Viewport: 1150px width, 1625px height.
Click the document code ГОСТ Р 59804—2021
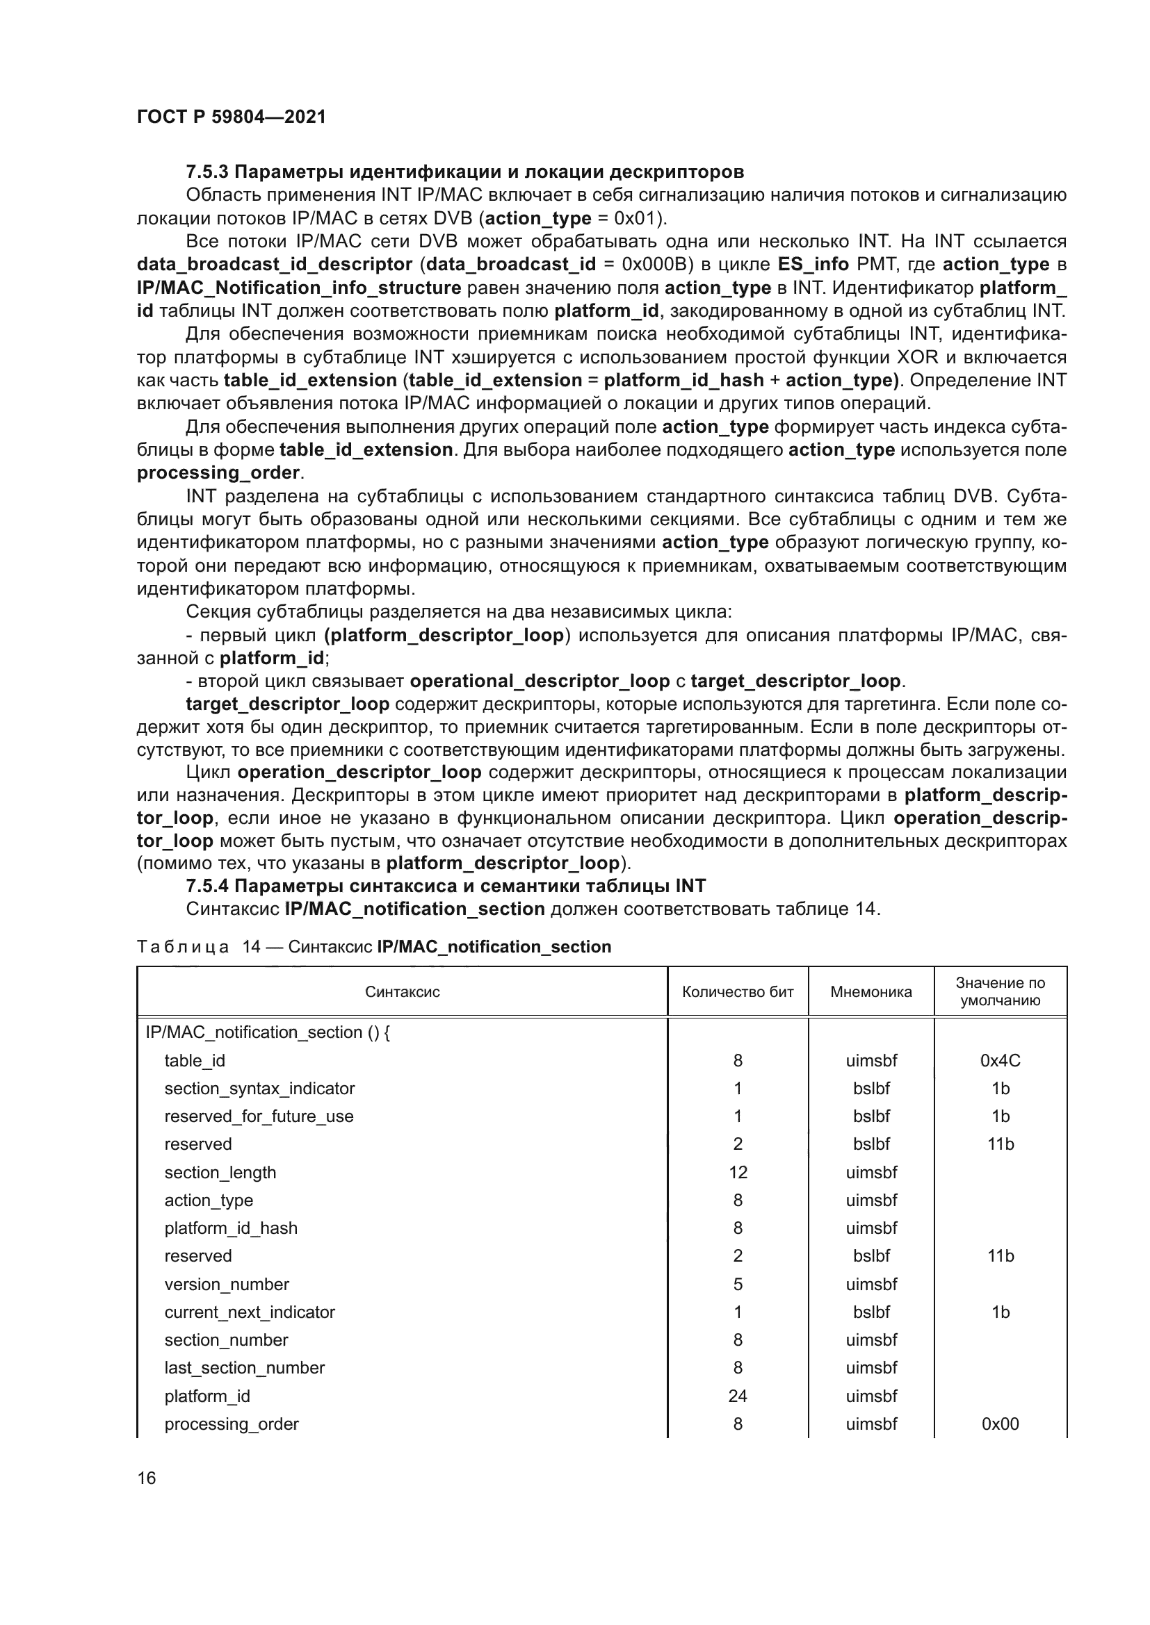point(231,117)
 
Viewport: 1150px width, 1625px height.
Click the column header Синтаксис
point(402,991)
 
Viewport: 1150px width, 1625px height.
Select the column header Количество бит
point(737,991)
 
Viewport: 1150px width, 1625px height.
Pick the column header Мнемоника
point(870,991)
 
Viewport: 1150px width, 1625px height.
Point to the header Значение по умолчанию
point(1000,991)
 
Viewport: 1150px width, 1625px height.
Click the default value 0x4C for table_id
point(1000,1060)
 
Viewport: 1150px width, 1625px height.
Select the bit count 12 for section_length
point(737,1172)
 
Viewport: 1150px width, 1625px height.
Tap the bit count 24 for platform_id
point(737,1396)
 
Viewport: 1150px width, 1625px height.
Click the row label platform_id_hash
point(231,1228)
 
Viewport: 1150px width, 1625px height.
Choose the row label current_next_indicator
point(250,1312)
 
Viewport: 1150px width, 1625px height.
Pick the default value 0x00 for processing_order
point(1000,1424)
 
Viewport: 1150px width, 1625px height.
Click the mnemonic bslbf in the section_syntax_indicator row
point(871,1089)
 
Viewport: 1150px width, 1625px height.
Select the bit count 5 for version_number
point(737,1284)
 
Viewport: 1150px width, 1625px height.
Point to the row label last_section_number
point(244,1367)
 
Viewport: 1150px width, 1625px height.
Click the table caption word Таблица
point(183,947)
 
